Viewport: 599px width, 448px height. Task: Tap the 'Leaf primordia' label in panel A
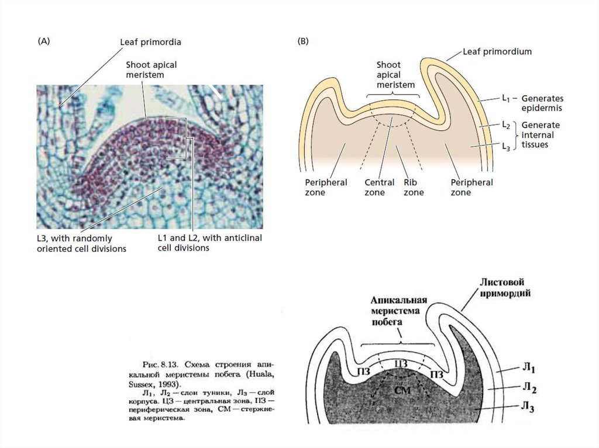150,42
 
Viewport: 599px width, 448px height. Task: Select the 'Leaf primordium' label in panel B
497,51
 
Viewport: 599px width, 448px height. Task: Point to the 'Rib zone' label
413,187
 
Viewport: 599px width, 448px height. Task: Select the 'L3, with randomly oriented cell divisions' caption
81,244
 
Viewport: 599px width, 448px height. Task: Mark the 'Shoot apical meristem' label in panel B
395,75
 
